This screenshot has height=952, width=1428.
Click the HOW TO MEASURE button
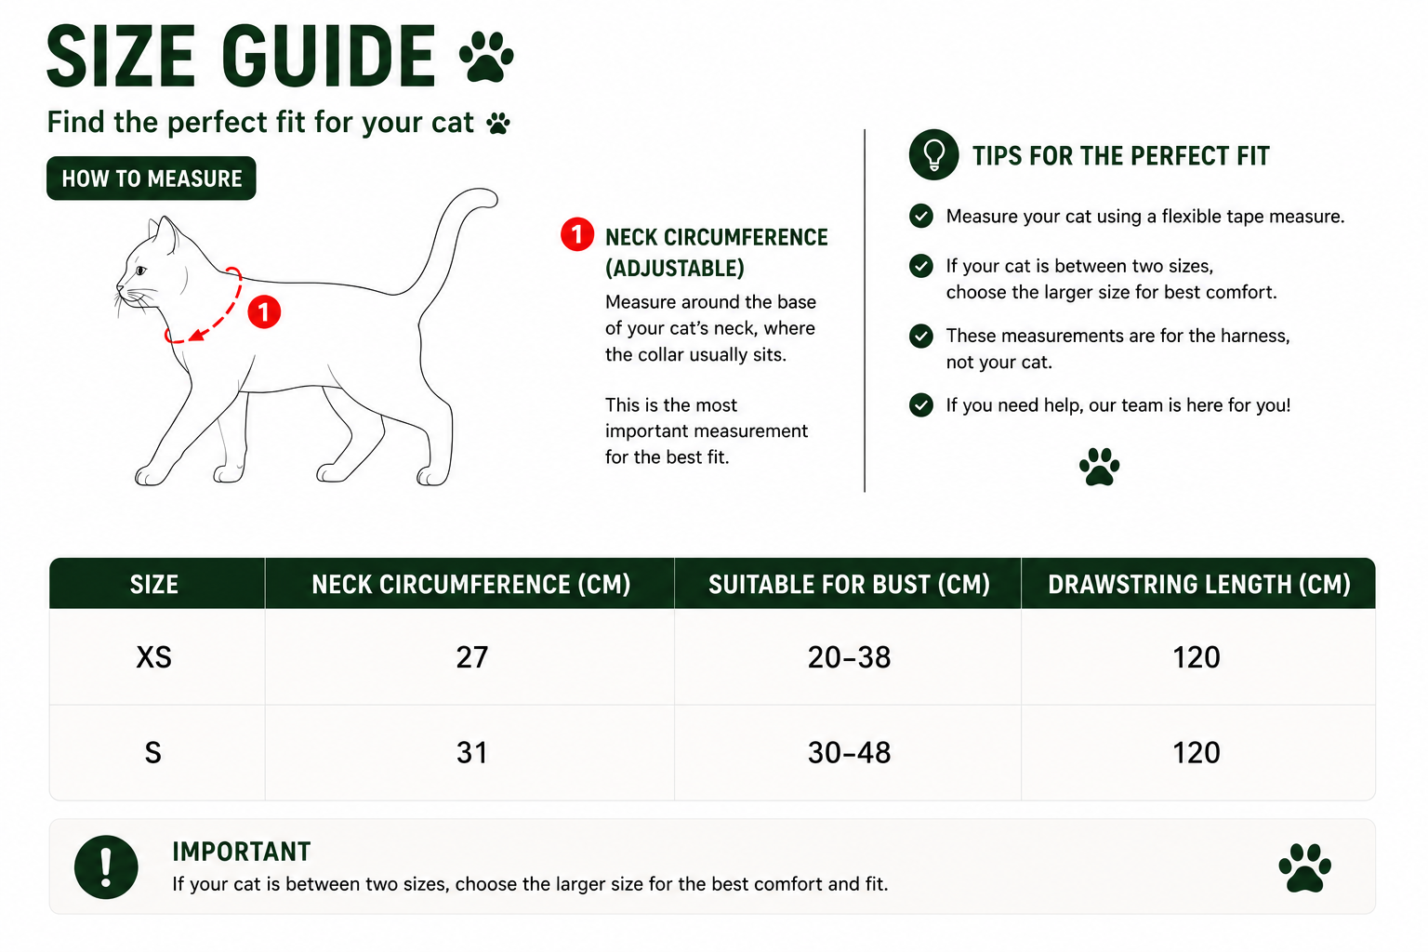click(x=152, y=178)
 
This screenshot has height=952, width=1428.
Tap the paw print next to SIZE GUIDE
click(x=486, y=58)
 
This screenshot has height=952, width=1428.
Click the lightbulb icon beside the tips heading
click(x=934, y=155)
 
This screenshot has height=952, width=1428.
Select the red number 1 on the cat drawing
click(x=264, y=311)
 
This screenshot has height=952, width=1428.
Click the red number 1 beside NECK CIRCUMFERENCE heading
click(x=577, y=234)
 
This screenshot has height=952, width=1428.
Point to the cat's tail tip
click(x=490, y=196)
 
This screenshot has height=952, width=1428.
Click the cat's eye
click(x=140, y=271)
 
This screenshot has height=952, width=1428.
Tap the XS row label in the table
click(x=153, y=657)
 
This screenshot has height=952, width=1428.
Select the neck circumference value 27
click(x=471, y=657)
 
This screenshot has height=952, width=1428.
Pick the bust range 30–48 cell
click(x=849, y=753)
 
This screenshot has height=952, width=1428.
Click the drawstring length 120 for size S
click(x=1197, y=753)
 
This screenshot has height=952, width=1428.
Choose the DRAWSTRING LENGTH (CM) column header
click(x=1199, y=584)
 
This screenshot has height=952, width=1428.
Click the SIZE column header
click(x=154, y=584)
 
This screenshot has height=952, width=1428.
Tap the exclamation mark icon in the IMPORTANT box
click(x=106, y=867)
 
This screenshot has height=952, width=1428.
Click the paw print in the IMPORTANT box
click(x=1305, y=867)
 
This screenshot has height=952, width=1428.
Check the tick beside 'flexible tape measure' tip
click(x=921, y=217)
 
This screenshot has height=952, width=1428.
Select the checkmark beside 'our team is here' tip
click(x=921, y=405)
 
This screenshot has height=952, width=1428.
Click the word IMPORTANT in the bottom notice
click(x=241, y=852)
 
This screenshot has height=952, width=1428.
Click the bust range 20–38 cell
click(x=849, y=657)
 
